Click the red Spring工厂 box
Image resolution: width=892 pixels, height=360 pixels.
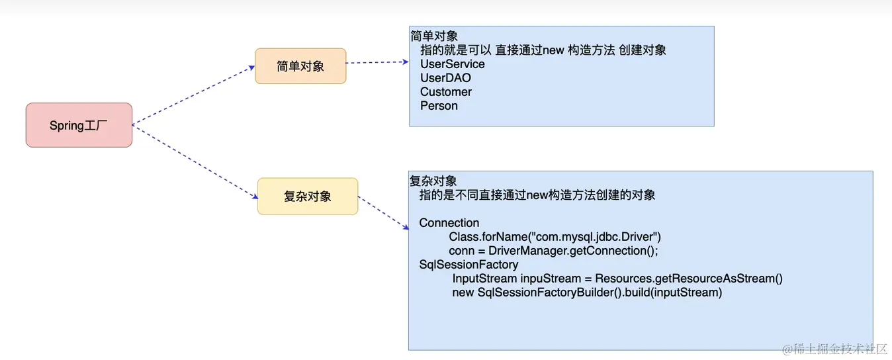coord(79,125)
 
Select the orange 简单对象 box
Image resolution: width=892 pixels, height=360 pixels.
coord(300,66)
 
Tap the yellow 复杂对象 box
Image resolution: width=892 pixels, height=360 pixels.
coord(307,196)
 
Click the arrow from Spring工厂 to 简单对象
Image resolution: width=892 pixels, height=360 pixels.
coord(193,94)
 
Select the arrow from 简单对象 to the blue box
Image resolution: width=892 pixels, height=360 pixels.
coord(377,62)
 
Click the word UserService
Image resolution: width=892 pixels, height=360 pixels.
coord(453,64)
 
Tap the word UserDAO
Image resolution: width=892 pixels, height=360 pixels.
coord(445,78)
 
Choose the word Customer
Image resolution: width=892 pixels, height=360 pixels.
coord(446,92)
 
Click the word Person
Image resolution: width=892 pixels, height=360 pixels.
coord(439,106)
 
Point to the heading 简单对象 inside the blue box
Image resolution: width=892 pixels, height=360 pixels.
coord(434,36)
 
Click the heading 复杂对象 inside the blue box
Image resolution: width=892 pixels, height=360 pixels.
coord(433,181)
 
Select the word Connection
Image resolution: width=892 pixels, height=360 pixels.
coord(449,223)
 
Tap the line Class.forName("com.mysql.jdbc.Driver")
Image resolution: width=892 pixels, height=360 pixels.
coord(555,237)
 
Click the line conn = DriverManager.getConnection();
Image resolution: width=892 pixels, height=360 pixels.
coord(553,251)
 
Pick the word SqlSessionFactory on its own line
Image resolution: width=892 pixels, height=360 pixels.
coord(468,265)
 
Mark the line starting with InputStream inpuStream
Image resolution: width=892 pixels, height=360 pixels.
coord(617,279)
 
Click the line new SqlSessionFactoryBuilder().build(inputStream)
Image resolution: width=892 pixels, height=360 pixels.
coord(587,292)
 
